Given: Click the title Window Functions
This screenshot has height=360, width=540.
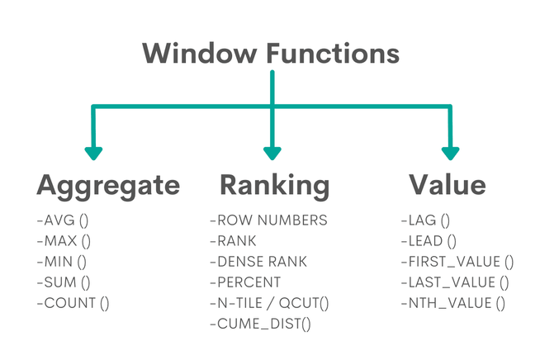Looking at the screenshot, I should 271,54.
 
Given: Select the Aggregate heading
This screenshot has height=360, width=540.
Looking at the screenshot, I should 107,186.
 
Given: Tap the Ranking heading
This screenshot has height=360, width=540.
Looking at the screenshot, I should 274,185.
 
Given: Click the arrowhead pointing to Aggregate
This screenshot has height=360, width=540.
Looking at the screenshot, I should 93,152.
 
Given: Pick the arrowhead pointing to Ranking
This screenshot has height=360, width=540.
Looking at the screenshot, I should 272,152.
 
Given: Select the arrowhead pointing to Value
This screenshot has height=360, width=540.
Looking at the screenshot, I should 450,152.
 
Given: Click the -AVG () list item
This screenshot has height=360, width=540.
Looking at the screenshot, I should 63,220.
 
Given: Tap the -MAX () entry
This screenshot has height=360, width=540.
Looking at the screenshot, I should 64,241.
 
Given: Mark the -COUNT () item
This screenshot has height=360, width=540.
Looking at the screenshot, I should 73,303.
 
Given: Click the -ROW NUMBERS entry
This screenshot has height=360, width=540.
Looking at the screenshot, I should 268,220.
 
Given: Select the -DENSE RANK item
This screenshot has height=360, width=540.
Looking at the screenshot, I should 258,262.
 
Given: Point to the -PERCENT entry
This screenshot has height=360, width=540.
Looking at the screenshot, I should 246,282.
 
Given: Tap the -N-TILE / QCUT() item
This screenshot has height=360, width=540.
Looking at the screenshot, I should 269,303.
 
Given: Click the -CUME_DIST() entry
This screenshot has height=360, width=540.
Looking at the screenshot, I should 260,324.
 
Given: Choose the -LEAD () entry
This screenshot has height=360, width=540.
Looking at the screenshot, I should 428,241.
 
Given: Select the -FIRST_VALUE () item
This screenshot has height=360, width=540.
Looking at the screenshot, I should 457,262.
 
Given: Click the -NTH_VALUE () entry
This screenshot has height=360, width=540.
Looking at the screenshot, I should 452,303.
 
